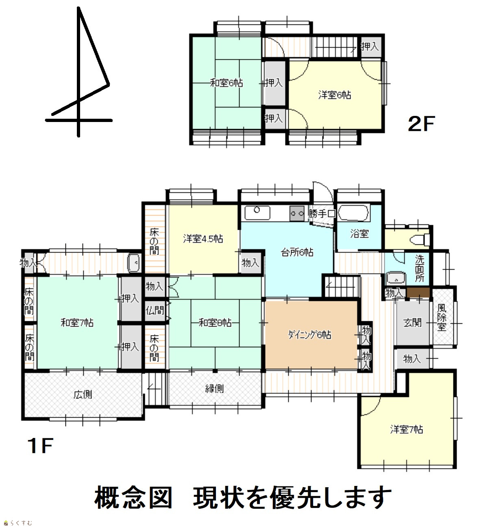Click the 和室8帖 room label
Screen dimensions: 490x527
click(215, 323)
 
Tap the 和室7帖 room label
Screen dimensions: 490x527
click(77, 323)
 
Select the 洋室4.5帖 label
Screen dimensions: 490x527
click(203, 239)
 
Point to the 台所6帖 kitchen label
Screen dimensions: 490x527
click(297, 252)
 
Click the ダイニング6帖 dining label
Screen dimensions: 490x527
click(310, 335)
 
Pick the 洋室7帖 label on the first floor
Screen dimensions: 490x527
click(407, 430)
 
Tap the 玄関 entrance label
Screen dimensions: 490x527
click(412, 323)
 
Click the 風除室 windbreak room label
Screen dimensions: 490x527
click(442, 317)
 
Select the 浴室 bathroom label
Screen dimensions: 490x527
click(359, 234)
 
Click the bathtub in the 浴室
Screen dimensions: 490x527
click(353, 213)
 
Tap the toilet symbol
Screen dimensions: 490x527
click(420, 240)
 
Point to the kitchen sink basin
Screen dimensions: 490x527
click(257, 213)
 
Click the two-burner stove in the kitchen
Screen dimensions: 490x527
click(297, 213)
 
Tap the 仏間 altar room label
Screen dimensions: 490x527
click(155, 310)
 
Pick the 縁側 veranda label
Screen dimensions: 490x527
click(214, 389)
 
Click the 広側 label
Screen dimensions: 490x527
click(83, 394)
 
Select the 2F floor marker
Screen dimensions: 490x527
click(421, 124)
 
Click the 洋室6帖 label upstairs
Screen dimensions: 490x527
click(335, 95)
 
